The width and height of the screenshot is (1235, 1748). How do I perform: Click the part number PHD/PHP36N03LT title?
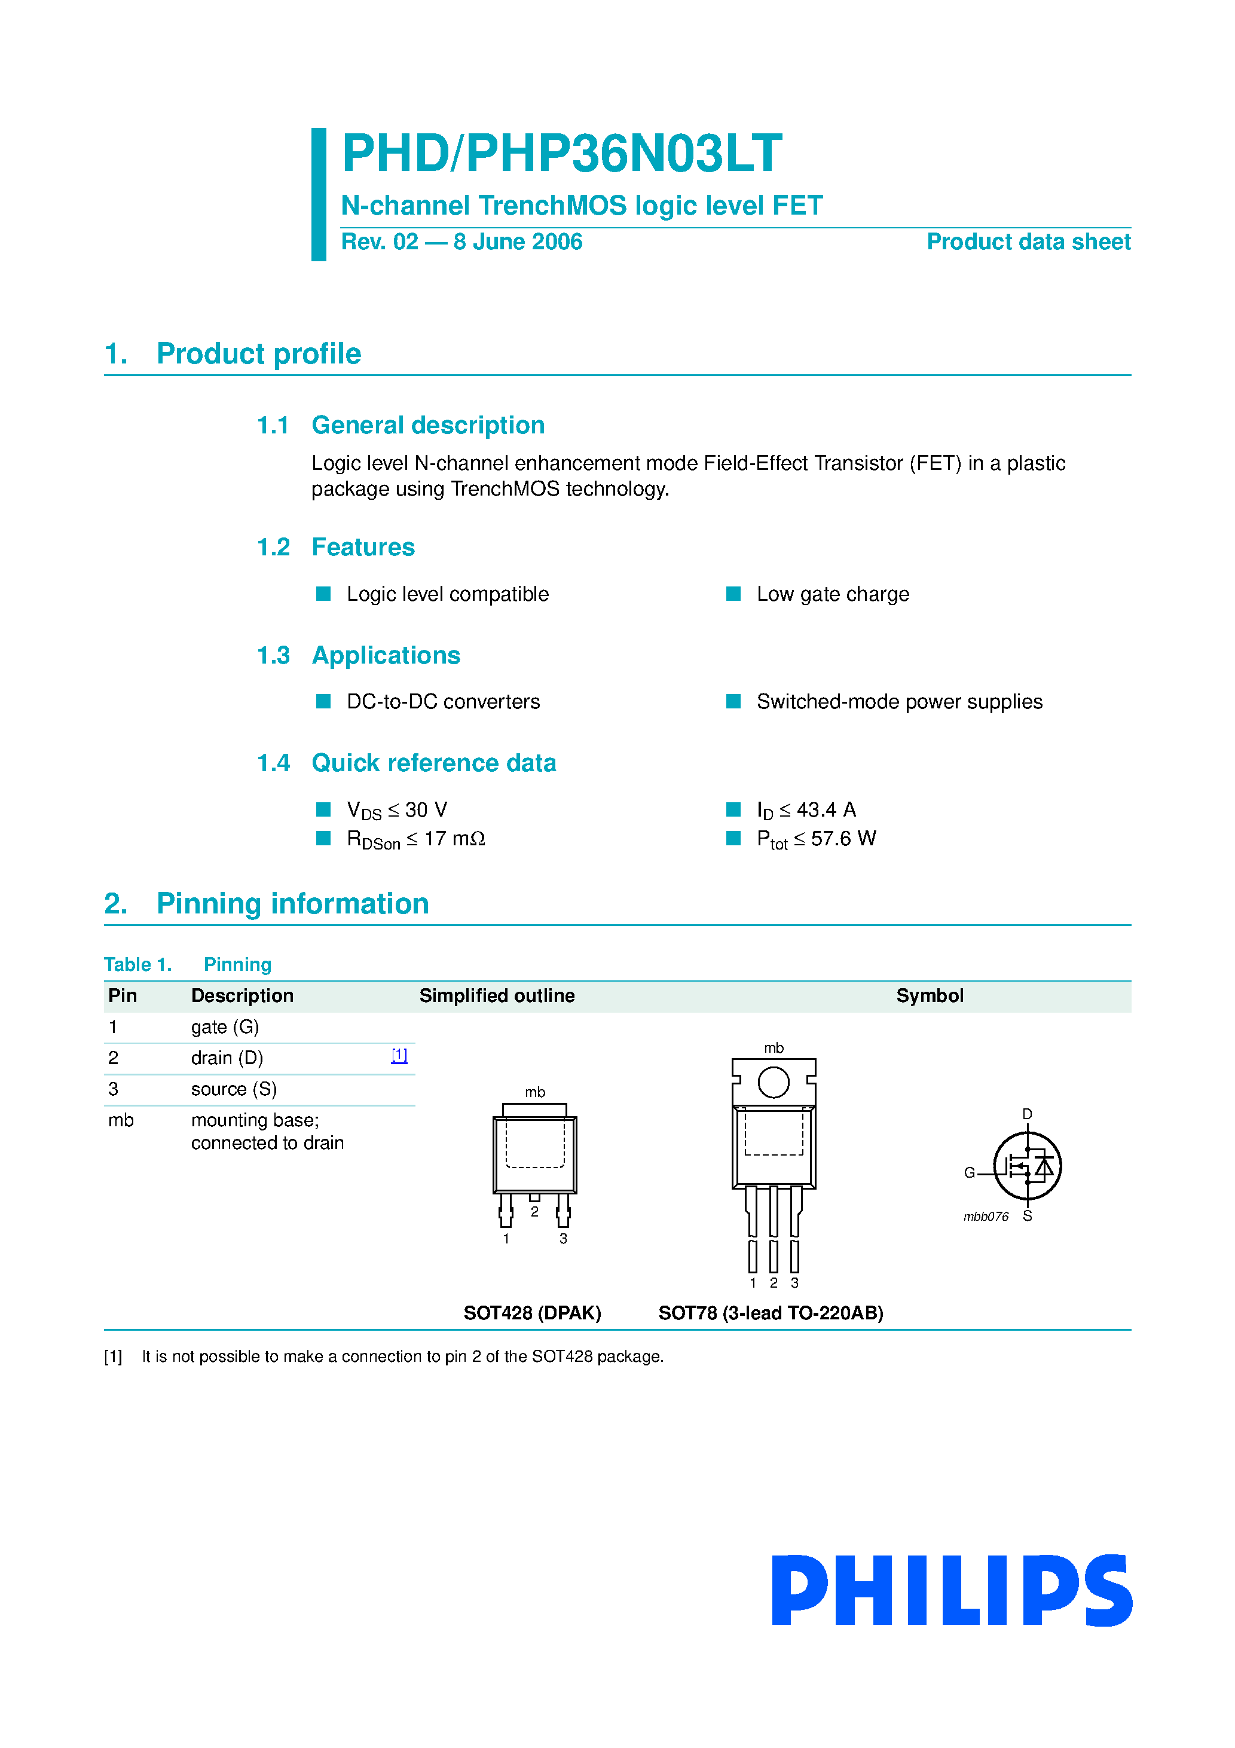click(562, 153)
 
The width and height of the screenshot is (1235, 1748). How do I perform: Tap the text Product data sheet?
click(1028, 242)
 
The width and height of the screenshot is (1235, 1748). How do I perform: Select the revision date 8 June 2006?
click(518, 242)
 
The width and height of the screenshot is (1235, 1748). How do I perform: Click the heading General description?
click(428, 425)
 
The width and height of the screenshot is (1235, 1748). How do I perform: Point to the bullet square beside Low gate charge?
click(733, 594)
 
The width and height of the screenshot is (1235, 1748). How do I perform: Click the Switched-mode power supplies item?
click(898, 701)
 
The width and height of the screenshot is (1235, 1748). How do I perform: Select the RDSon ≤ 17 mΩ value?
click(415, 839)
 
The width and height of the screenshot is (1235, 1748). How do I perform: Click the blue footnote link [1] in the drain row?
click(399, 1055)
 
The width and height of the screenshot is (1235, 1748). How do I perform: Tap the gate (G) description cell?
click(225, 1027)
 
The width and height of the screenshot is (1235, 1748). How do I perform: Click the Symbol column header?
click(929, 996)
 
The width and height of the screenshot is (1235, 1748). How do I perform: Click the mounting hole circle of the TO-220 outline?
click(774, 1082)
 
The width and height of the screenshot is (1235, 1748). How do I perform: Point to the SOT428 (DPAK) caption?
click(532, 1313)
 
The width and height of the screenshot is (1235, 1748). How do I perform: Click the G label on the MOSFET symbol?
click(969, 1172)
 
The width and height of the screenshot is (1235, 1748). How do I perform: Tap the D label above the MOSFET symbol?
click(1027, 1114)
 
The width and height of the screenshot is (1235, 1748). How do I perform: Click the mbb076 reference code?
click(986, 1217)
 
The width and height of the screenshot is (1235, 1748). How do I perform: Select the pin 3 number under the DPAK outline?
click(564, 1239)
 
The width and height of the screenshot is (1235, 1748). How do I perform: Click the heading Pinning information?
click(292, 904)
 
